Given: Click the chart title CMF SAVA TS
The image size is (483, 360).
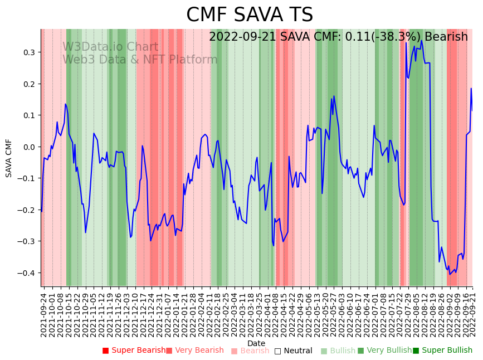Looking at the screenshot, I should [249, 15].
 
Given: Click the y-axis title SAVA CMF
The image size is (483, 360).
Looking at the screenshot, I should [9, 158].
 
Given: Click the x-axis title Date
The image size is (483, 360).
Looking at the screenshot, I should [256, 343].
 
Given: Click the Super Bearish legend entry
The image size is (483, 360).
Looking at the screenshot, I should [134, 351].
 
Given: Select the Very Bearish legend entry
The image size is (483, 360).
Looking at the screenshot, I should [194, 351].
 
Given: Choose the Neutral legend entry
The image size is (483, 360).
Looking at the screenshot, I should [293, 351].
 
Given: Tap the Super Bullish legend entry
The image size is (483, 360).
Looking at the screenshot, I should [442, 351].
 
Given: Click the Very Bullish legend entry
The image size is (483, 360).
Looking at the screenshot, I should [384, 351].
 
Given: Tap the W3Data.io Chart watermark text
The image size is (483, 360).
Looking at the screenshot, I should [110, 47].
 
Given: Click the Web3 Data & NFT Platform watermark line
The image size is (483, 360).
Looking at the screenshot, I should [140, 60].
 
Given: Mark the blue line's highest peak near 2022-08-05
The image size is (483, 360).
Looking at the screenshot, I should [421, 41].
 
